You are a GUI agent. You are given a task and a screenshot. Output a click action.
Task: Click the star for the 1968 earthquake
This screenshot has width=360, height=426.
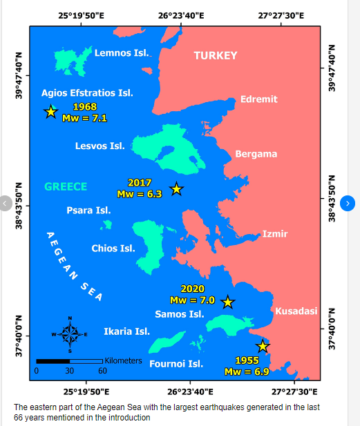(50, 112)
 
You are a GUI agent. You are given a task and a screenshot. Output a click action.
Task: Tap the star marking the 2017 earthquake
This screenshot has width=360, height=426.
(177, 188)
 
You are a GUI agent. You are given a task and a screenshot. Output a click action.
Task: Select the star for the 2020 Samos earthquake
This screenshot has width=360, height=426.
(227, 302)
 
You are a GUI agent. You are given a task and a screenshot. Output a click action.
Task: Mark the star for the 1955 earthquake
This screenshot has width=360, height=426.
(263, 346)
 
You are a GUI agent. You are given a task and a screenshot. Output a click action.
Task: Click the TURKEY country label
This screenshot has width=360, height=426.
(216, 56)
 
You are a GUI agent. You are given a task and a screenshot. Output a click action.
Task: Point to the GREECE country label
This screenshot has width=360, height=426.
(66, 186)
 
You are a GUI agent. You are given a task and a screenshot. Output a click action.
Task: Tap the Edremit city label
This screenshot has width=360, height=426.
(258, 99)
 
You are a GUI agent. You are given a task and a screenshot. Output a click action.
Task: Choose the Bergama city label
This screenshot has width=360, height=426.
(256, 154)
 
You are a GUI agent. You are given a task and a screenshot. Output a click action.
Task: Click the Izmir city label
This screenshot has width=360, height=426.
(274, 234)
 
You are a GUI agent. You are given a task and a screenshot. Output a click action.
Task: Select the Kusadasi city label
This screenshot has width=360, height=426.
(296, 311)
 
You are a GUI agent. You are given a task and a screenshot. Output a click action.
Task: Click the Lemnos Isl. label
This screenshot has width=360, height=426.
(122, 52)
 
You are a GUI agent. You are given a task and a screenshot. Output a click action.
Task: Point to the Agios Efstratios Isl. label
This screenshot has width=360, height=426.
(87, 93)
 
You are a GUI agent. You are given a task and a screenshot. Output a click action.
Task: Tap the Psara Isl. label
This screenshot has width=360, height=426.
(88, 211)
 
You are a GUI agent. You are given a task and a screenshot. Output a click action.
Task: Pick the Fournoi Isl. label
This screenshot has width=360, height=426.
(176, 364)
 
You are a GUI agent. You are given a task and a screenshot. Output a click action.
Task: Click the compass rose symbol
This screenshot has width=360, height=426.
(70, 334)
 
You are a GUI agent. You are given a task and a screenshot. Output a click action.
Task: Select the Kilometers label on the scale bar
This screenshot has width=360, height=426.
(123, 360)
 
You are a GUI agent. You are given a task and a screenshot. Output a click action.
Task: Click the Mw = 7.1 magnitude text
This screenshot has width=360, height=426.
(84, 118)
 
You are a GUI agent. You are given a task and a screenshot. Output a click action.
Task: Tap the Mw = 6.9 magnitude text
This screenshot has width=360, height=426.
(247, 371)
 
